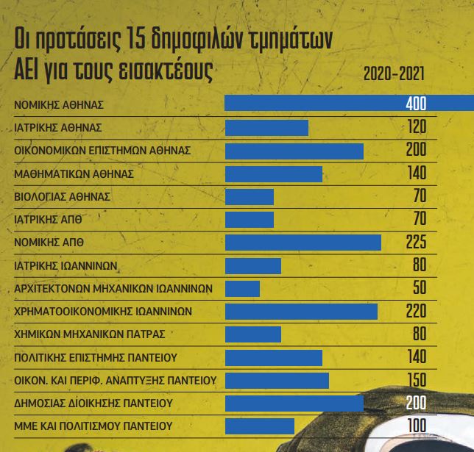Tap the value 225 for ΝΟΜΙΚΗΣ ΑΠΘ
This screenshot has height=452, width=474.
click(x=416, y=243)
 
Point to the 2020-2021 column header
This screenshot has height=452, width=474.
click(x=394, y=75)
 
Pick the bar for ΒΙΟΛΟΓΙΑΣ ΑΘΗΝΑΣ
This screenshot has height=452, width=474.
click(x=249, y=197)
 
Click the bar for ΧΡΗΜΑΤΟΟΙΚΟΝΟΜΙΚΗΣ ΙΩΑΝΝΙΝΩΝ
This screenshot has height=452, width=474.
click(x=301, y=312)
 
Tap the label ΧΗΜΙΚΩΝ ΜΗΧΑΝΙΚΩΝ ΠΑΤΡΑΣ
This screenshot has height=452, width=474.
click(x=90, y=334)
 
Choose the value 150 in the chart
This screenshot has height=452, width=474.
click(x=417, y=380)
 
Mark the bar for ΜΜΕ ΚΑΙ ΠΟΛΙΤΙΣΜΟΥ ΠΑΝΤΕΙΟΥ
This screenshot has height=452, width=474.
click(x=259, y=426)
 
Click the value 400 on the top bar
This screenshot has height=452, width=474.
click(x=415, y=104)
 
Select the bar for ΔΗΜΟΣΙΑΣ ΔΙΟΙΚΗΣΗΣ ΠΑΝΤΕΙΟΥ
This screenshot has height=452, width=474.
click(x=294, y=403)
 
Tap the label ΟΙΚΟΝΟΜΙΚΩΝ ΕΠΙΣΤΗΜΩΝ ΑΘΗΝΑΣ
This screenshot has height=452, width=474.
click(x=103, y=151)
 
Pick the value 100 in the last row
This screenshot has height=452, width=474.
click(x=417, y=426)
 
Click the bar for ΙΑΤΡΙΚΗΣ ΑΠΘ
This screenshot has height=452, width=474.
click(x=249, y=220)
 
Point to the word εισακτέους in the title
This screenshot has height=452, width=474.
click(x=157, y=71)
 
